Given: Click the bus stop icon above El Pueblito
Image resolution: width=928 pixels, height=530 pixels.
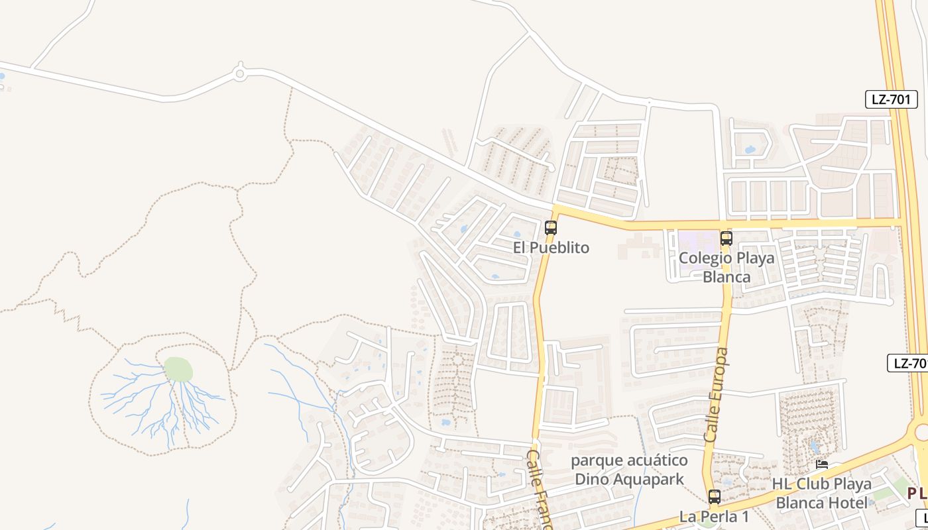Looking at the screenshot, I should pos(550,228).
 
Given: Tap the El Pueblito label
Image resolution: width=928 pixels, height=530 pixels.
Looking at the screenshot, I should pos(551,248).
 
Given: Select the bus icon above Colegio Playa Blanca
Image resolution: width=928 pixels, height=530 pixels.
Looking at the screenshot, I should pos(726,238).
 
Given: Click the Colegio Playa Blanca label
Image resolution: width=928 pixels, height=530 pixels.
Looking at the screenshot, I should pos(726,267).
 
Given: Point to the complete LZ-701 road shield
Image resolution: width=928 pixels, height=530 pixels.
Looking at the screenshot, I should pos(892,100).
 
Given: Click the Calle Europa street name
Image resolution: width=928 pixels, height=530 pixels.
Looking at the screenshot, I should pos(717,396).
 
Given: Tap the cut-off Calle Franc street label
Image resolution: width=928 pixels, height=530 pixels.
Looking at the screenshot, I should pos(539,490).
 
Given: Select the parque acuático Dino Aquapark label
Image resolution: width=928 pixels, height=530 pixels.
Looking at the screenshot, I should pos(629,469).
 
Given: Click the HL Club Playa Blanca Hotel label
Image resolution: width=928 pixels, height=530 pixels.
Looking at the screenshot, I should pos(823,493).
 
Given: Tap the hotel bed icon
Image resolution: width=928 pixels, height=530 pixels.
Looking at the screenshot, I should pos(822,464).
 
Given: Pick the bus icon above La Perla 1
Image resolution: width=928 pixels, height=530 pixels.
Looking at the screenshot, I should pos(714,496).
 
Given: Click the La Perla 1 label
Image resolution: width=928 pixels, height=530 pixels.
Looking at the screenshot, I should pos(714,516).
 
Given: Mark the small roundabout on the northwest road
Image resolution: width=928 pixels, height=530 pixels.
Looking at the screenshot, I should pos(240,74).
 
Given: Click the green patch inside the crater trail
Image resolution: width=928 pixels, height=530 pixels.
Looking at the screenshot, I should pos(178,369).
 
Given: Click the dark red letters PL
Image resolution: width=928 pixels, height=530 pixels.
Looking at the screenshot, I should pos(917,493).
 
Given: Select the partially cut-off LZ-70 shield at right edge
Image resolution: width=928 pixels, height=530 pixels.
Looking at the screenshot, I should pos(907,363).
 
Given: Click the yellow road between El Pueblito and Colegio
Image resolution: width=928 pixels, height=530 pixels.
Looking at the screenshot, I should pos(636,225).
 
